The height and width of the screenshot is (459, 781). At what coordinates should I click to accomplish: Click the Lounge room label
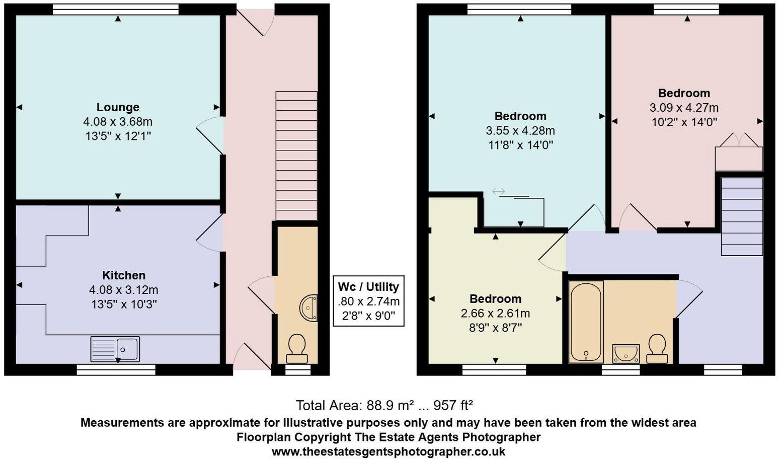coord(118,107)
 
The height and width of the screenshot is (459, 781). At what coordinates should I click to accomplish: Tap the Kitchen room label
coord(124,275)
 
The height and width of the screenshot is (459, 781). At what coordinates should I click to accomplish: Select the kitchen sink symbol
coord(115,349)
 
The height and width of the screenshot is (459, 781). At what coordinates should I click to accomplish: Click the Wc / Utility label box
coord(369,301)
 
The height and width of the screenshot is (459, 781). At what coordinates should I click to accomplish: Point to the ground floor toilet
coord(297,348)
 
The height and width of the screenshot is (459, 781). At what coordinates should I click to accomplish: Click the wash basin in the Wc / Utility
coord(309,307)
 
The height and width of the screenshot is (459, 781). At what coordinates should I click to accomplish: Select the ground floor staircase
coord(296,156)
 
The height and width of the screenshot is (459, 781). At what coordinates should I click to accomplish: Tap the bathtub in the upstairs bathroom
coord(586,321)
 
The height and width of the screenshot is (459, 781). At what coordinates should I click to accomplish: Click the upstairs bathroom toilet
coord(657,348)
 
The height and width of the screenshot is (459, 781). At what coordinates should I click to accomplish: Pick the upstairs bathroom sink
coord(626,353)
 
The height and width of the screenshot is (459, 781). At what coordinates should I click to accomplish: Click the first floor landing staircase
coord(742,217)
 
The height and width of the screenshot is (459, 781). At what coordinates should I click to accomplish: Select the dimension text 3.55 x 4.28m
coord(520,131)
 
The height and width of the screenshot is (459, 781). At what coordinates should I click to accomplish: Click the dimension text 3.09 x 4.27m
coord(684,108)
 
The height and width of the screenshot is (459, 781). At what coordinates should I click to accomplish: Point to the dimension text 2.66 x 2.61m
coord(495,314)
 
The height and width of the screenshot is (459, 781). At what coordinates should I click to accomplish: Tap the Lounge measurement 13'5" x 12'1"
coord(118,136)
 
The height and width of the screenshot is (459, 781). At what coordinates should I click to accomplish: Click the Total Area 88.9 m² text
coord(384,405)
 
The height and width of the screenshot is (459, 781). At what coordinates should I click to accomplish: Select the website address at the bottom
coord(388,451)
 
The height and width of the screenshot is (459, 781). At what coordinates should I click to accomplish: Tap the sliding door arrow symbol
coord(499,191)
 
